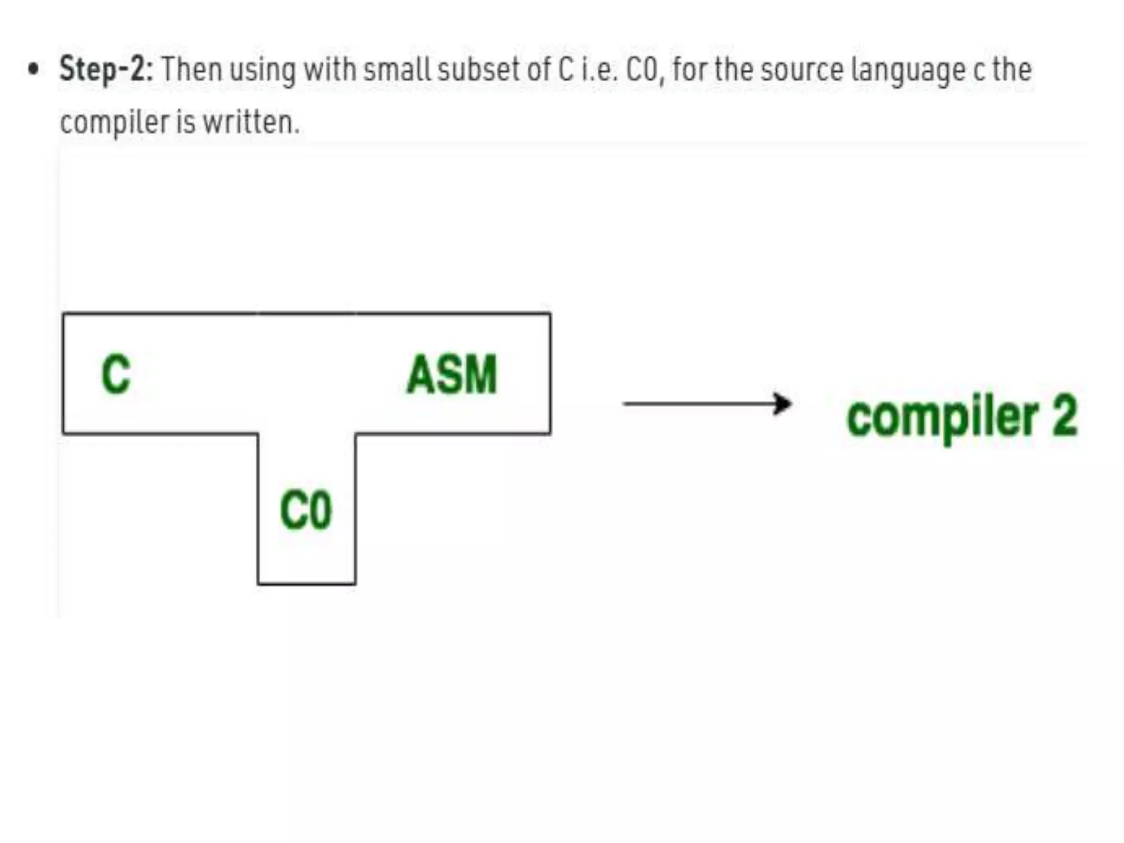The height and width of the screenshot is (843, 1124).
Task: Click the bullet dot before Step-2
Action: pos(34,70)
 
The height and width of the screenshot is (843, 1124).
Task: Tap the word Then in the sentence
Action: pos(192,70)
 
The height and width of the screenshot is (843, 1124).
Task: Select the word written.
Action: pos(251,122)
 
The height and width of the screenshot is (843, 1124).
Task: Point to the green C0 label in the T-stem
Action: pos(306,510)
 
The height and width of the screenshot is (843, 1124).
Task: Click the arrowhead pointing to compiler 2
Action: pos(783,404)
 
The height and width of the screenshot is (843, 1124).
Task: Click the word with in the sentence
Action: pos(330,70)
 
